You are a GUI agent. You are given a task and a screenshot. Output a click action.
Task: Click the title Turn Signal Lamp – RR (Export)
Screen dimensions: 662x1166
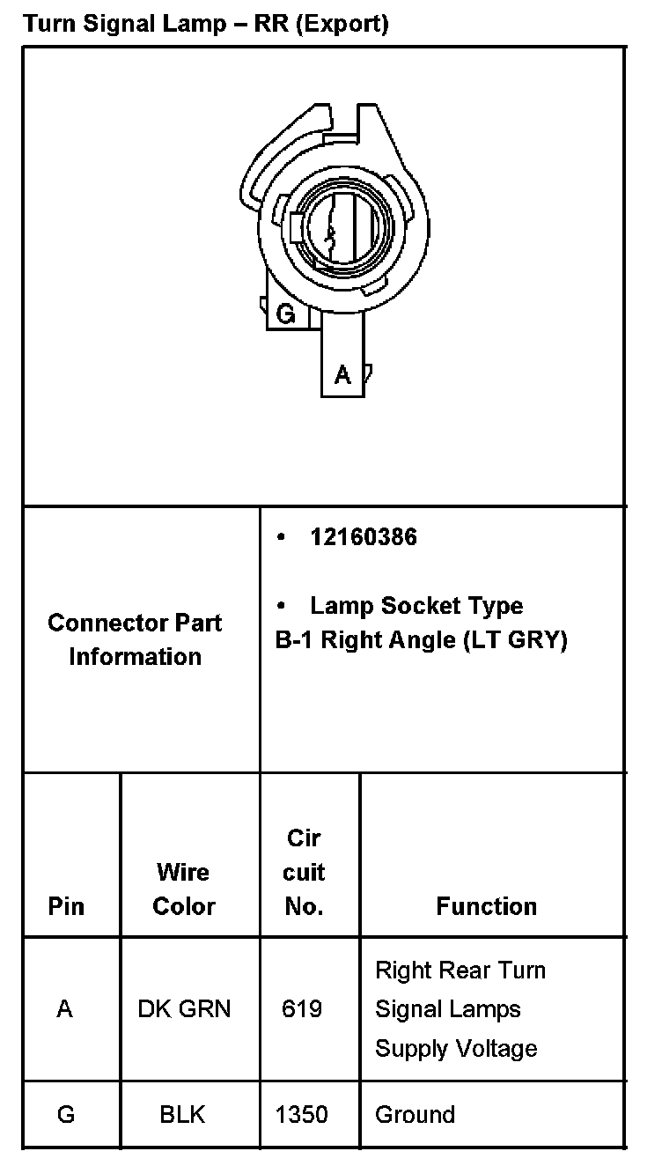tap(206, 24)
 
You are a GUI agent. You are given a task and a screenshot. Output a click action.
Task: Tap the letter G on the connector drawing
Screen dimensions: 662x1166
tap(285, 314)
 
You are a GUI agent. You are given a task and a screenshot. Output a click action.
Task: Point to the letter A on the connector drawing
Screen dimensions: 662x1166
tap(342, 375)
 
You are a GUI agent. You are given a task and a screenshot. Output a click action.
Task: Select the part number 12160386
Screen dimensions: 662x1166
tap(363, 537)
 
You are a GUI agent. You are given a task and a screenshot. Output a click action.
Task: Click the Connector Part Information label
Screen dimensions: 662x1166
tap(136, 639)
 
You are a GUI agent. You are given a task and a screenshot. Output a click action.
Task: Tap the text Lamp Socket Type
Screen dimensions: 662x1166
tap(416, 606)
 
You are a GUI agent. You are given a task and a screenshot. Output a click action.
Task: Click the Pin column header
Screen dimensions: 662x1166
tap(66, 906)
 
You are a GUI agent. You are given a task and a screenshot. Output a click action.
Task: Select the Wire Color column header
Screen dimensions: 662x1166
tap(183, 889)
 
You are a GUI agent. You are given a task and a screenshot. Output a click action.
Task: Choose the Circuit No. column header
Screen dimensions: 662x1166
tap(304, 872)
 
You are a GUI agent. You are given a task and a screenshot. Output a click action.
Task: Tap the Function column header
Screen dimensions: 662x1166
tap(486, 906)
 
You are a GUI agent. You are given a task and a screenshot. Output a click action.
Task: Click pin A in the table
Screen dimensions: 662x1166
tap(64, 1009)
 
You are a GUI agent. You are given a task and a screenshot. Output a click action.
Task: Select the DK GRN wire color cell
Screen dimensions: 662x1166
tap(184, 1009)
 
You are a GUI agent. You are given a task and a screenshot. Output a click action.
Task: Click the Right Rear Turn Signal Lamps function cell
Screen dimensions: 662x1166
tap(460, 1009)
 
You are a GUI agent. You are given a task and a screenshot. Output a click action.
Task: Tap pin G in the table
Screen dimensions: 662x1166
tap(66, 1114)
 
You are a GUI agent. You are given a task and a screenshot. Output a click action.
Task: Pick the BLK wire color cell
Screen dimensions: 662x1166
tap(182, 1114)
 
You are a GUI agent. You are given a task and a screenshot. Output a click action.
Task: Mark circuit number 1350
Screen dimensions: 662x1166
tap(301, 1114)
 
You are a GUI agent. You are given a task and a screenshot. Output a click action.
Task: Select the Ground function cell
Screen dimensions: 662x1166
tap(415, 1114)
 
